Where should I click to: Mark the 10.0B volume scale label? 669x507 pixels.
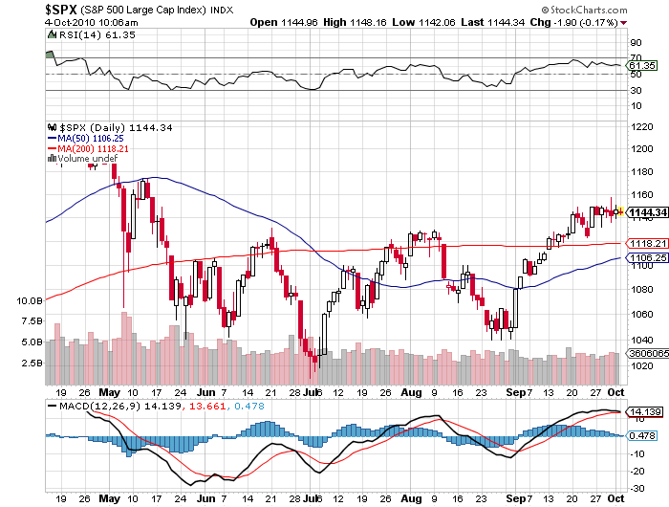pyautogui.click(x=31, y=300)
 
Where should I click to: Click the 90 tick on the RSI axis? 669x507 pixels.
pyautogui.click(x=634, y=43)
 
